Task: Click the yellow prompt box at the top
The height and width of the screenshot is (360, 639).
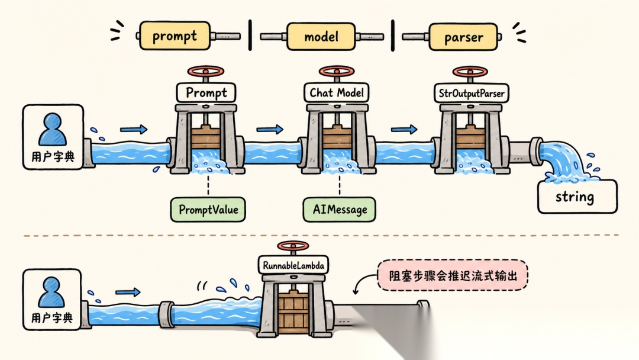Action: pos(175,36)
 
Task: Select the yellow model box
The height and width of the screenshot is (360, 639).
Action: pos(321,37)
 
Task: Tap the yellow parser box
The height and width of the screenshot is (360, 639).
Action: pos(463,37)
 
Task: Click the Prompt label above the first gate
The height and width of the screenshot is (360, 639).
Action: pos(206,92)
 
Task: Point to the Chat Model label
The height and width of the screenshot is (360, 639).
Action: pos(337,92)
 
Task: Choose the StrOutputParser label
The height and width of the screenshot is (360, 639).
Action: pos(471,94)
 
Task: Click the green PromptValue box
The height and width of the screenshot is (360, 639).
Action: pos(208,210)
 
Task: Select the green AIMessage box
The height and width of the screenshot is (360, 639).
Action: pos(340,210)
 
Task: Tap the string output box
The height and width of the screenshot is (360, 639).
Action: pos(577,197)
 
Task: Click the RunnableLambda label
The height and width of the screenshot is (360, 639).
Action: pos(293,265)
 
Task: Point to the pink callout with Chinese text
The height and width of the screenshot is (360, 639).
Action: pos(453,275)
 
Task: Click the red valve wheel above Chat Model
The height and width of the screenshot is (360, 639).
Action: pos(337,72)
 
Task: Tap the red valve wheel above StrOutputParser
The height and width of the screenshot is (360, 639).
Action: pos(470,72)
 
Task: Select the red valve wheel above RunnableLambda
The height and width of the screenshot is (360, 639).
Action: pos(293,246)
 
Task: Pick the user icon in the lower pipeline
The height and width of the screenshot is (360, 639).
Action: pos(51,292)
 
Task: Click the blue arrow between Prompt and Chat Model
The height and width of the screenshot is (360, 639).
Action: pos(270,130)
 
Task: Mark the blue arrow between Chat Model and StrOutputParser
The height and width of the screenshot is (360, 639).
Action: pos(404,129)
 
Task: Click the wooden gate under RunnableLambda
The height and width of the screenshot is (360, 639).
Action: pos(293,313)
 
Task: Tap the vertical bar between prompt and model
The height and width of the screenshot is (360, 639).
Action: pos(250,36)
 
